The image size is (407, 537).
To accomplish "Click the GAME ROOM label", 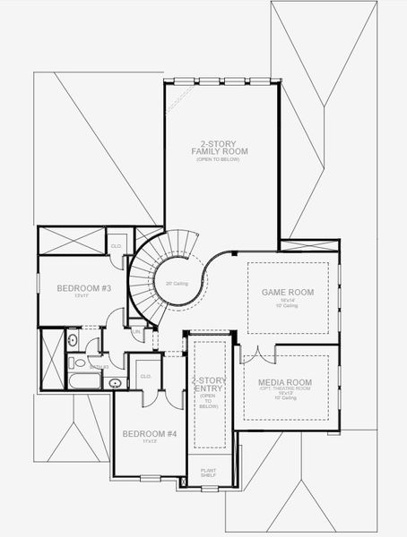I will coord(286,293).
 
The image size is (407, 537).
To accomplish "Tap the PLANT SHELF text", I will coord(208,471).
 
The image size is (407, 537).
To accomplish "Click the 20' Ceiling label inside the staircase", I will coord(176,284).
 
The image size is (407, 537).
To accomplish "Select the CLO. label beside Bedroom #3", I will coord(116,245).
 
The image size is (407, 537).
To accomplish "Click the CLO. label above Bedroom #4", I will coord(145,377).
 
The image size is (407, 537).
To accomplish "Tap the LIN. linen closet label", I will coord(136,330).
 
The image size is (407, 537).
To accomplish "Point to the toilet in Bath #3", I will coord(72,341).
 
